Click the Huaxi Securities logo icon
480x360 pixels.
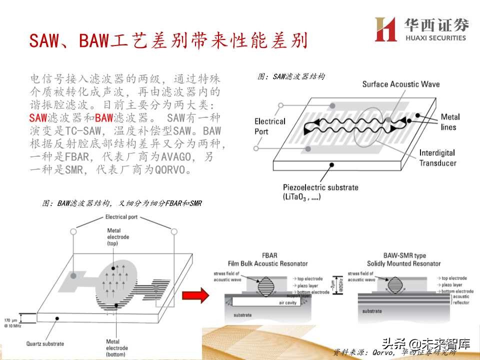click(385, 29)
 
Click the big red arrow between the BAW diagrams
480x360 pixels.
click(200, 295)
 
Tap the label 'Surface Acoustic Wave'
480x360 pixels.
click(401, 84)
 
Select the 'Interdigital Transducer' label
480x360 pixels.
click(437, 157)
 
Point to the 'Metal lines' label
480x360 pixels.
click(450, 122)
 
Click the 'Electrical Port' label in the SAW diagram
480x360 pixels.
click(269, 126)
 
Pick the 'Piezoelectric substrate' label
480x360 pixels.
click(320, 192)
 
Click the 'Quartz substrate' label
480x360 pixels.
click(45, 343)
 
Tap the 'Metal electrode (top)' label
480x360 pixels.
click(118, 236)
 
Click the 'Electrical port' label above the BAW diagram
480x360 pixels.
click(124, 217)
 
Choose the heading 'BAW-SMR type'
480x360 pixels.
click(404, 256)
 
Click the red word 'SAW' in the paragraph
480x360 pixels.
click(38, 118)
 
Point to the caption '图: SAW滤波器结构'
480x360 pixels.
click(291, 76)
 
